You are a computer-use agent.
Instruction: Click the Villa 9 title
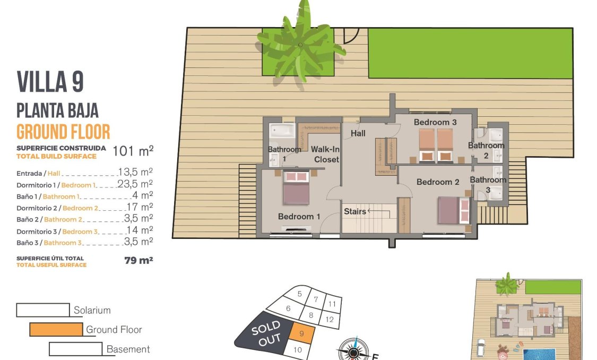coord(50,82)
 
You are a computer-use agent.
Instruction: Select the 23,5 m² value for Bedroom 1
coord(135,184)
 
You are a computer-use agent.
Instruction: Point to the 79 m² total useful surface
coord(137,260)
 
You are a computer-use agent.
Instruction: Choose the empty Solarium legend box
coord(43,310)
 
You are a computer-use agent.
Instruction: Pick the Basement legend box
coord(75,349)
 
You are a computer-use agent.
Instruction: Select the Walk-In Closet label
coord(325,154)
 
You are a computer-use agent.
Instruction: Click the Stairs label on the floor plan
coord(354,211)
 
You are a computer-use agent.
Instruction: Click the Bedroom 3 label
coord(435,122)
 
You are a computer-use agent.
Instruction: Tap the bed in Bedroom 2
coord(454,210)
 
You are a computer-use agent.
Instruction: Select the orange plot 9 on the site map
coord(301,335)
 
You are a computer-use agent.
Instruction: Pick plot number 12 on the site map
coord(329,319)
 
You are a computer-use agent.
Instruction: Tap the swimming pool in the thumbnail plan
coord(539,353)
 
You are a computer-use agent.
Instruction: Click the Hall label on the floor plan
coord(358,133)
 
